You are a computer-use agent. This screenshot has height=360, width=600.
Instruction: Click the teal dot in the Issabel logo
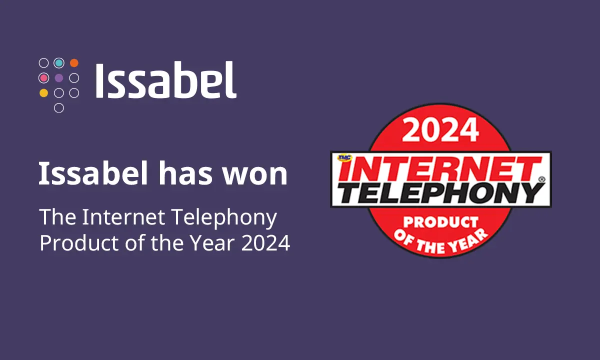pos(59,63)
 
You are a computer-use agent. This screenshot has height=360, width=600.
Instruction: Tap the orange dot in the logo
pos(74,63)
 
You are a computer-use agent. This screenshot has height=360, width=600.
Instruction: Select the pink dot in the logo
pos(44,78)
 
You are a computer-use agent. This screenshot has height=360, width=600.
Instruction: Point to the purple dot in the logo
pos(59,78)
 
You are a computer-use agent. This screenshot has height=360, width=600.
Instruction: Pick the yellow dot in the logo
pos(44,92)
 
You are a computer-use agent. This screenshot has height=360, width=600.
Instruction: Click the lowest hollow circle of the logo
pos(59,107)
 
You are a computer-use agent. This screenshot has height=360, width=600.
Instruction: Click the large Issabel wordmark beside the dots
pos(165,80)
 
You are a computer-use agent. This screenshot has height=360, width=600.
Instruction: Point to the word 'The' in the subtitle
pos(57,217)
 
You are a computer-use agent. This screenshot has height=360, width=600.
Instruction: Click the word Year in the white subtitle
pos(214,243)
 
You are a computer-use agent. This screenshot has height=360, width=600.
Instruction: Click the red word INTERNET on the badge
pos(442,169)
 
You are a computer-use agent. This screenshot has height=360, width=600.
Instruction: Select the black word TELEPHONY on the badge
pos(440,192)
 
